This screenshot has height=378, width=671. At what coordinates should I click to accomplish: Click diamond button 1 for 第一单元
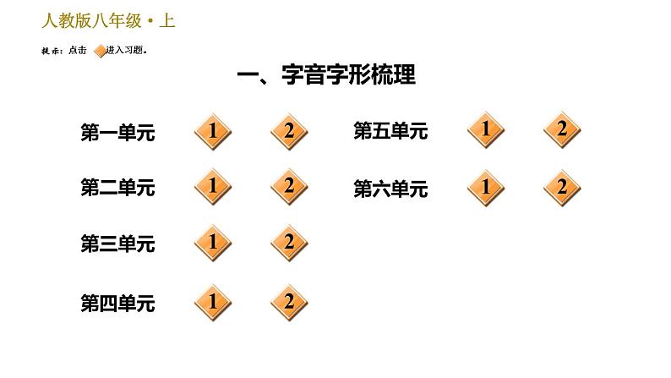click(x=213, y=131)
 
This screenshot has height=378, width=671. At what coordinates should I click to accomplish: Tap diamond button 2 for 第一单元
click(x=289, y=131)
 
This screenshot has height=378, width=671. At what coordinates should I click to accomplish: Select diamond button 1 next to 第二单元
click(x=213, y=186)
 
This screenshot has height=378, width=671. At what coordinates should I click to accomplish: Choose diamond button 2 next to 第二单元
click(x=289, y=186)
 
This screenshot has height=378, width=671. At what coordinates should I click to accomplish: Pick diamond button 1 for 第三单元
click(x=213, y=244)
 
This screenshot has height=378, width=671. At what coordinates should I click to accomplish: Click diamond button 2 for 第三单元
click(x=289, y=244)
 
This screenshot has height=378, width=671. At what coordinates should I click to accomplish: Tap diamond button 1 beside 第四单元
click(x=213, y=302)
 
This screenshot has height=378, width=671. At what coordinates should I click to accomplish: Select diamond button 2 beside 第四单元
click(x=289, y=302)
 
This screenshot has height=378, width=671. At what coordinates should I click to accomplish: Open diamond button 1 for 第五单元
click(x=486, y=130)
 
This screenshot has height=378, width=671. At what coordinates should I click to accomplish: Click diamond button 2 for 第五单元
click(x=562, y=130)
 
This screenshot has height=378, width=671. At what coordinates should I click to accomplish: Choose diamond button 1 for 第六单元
click(x=486, y=188)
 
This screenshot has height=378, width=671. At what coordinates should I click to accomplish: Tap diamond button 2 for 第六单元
click(x=562, y=188)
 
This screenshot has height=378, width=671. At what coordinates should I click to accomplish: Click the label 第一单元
click(x=117, y=133)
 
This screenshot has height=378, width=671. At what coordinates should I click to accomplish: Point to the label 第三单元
click(x=117, y=245)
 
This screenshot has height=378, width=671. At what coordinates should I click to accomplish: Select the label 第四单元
click(x=117, y=304)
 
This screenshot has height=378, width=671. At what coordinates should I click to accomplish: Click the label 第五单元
click(x=390, y=132)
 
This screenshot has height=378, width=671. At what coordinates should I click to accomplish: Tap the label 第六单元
click(x=390, y=189)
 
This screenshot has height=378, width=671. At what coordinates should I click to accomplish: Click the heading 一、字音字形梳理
click(x=326, y=76)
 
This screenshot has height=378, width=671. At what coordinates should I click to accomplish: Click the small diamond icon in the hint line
click(x=100, y=51)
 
